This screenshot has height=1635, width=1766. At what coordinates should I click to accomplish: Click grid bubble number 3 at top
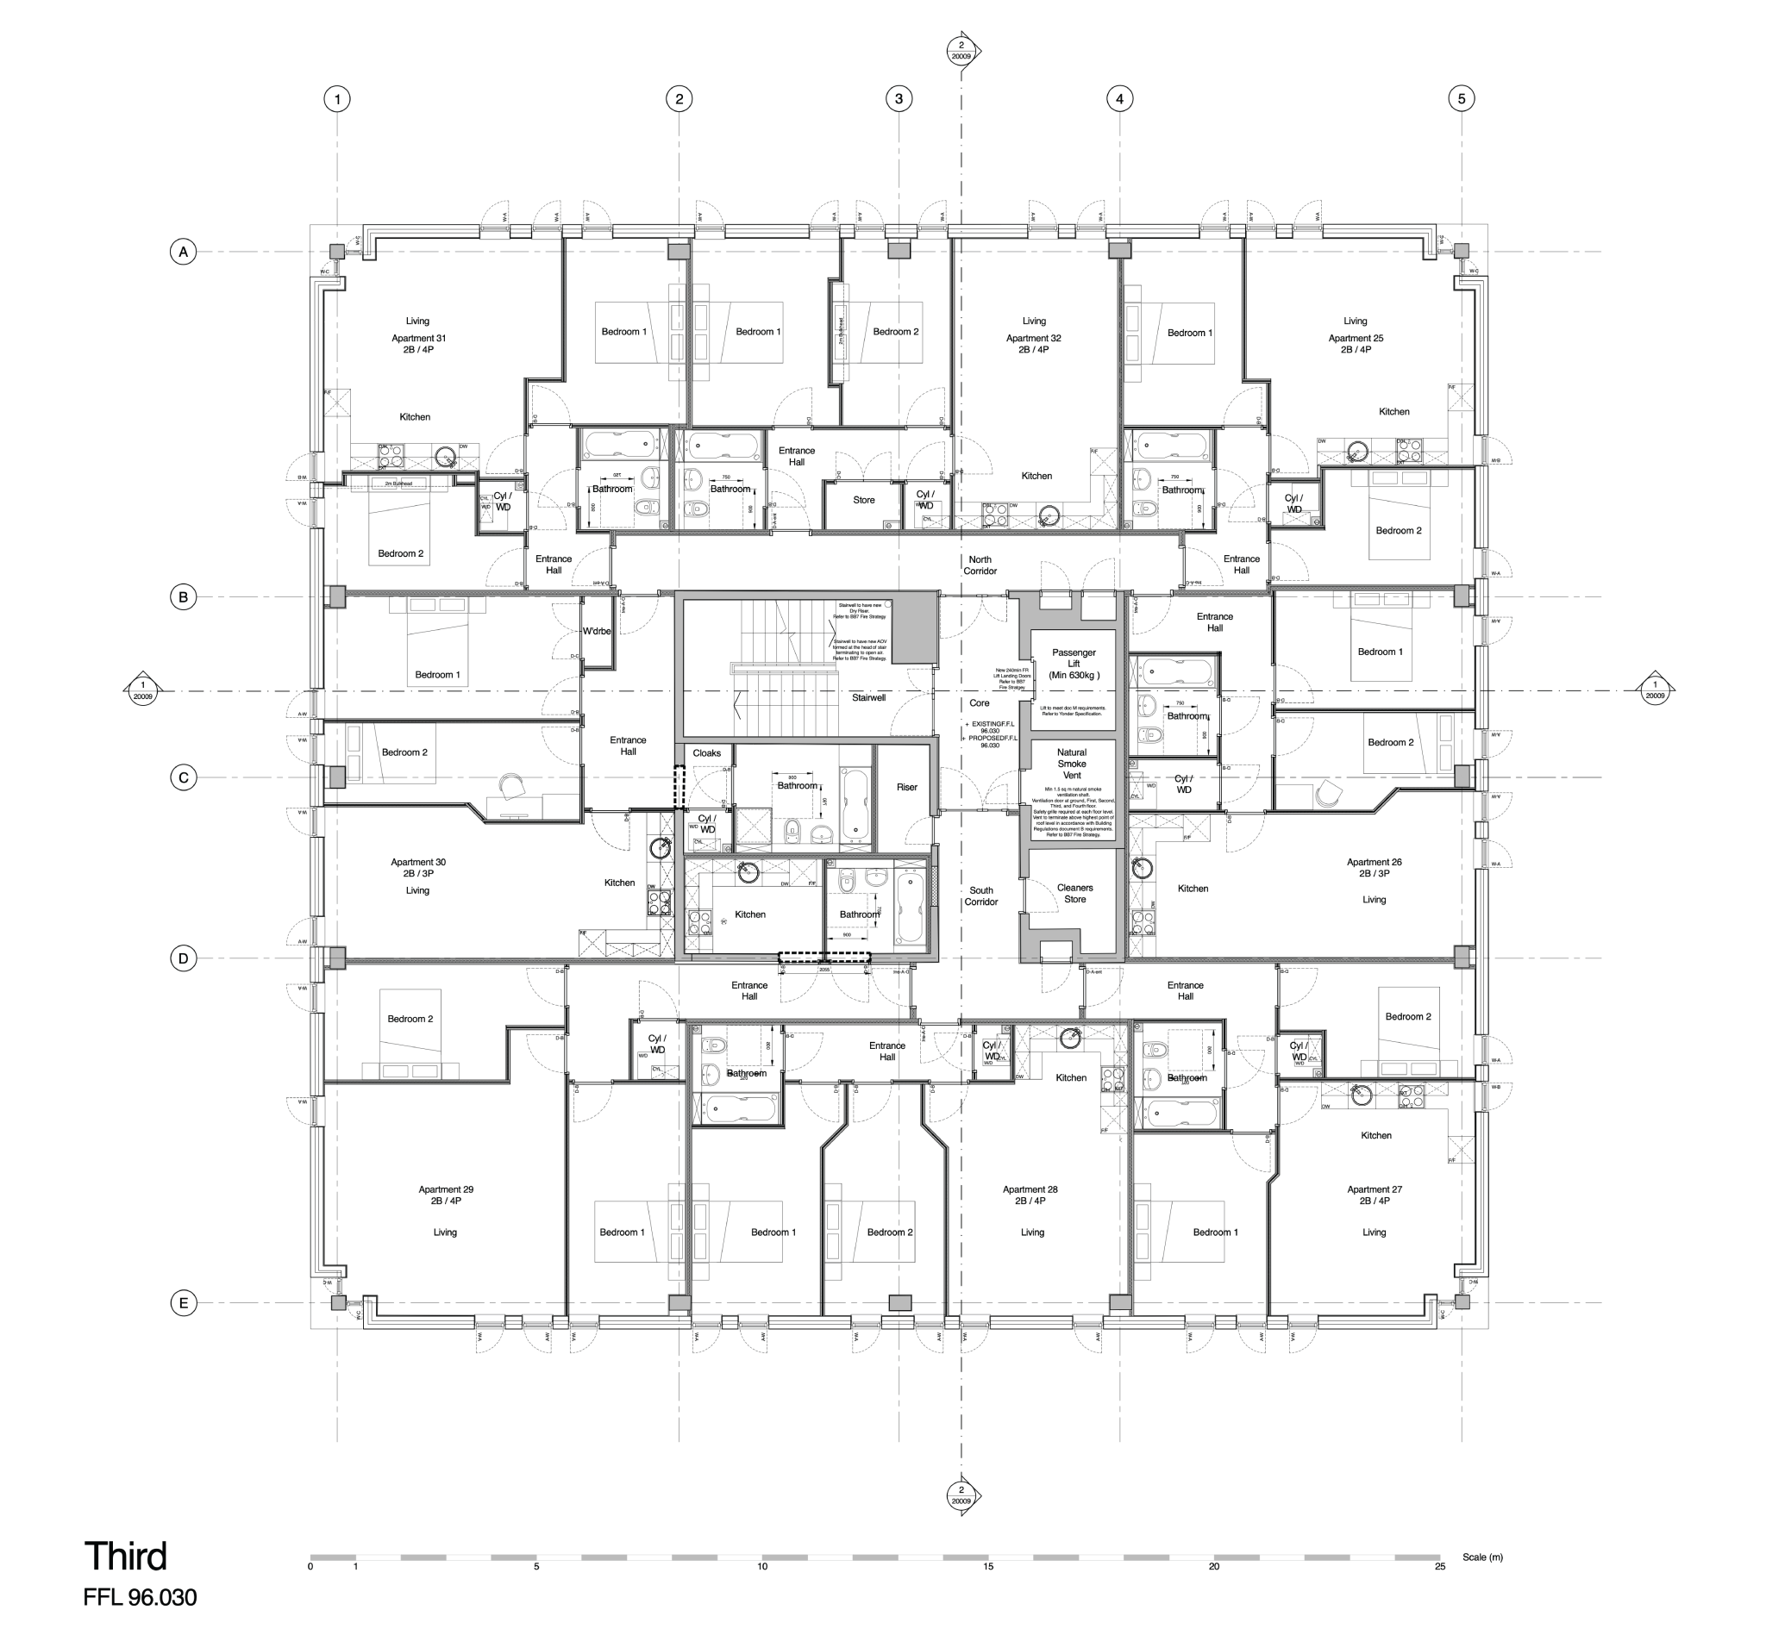coord(899,99)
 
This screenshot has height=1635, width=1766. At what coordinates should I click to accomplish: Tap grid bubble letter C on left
coord(183,777)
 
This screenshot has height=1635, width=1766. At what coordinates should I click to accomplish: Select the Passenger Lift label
coord(1073,664)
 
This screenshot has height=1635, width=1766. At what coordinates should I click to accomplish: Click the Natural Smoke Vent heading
coord(1071,764)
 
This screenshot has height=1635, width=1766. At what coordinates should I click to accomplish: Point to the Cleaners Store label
coord(1074,893)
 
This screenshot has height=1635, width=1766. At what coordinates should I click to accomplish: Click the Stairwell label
coord(868,697)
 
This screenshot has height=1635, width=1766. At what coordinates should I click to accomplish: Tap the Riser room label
coord(906,787)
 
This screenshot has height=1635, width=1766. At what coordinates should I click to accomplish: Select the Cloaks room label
coord(706,753)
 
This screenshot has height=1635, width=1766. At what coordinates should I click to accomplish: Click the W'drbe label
coord(597,631)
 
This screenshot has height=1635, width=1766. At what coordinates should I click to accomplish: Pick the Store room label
coord(863,500)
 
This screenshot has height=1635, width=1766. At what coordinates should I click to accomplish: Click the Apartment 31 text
coord(419,338)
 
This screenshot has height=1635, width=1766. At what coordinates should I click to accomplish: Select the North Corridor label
coord(980,565)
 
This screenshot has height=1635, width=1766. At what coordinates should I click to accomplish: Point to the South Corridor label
coord(980,896)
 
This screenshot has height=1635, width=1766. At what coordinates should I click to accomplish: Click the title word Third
coord(125,1557)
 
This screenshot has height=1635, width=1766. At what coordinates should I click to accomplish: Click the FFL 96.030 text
coord(140,1597)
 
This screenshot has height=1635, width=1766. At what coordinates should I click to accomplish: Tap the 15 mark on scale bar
coord(988,1566)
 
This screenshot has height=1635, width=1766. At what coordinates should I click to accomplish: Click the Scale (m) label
coord(1482,1557)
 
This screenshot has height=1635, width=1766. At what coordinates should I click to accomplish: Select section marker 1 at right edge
coord(1655,690)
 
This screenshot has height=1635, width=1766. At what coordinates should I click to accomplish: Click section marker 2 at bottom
coord(961,1495)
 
